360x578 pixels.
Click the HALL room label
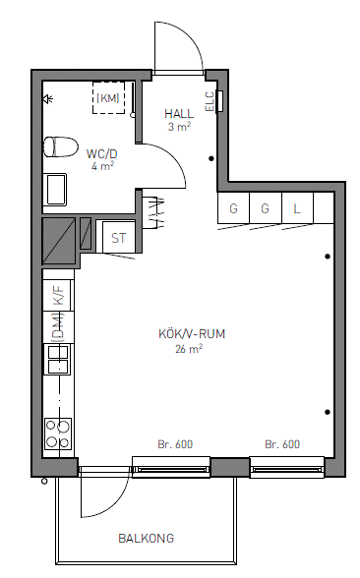coord(179,113)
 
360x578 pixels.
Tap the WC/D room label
coord(102,153)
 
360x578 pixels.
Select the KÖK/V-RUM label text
coord(192,334)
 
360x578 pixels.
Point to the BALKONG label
coord(146,539)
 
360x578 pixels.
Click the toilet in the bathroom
coord(61,146)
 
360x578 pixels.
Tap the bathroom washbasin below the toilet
coord(55,190)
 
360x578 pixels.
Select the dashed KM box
coord(108,97)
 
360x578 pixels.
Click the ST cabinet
coord(118,238)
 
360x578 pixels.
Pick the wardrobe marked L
coord(297,208)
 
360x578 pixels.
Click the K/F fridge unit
coord(59,295)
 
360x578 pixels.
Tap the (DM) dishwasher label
coord(57,327)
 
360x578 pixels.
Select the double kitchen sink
coord(58,359)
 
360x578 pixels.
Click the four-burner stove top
coord(58,433)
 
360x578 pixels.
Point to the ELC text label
coord(210,101)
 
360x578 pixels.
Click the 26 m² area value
coord(189,349)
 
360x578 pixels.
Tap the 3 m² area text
coord(179,127)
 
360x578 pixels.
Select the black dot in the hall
coord(211,159)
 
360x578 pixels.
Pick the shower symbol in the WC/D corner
coord(48,98)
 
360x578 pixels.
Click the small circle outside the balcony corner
coord(44,481)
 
